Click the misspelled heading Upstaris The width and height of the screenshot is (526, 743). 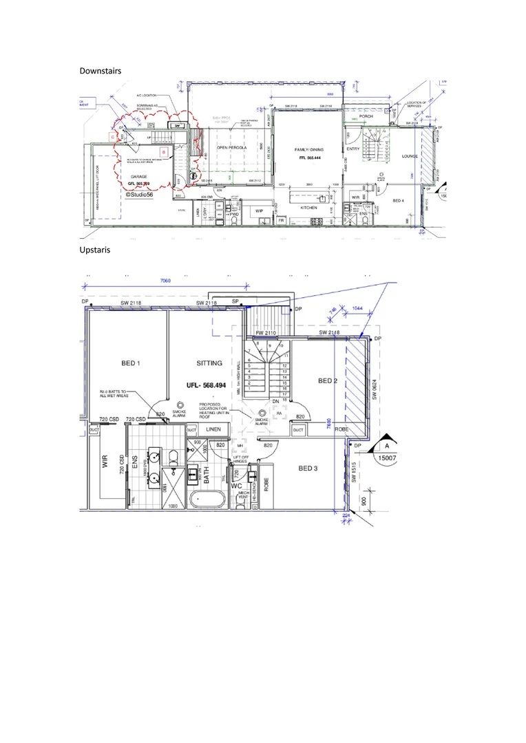95,250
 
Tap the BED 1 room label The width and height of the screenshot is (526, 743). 129,363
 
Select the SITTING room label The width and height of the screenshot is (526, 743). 209,363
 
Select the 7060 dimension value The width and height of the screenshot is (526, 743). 166,281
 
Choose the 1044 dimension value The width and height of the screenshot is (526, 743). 356,310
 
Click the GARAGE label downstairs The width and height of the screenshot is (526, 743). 140,177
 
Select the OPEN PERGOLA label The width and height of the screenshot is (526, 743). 231,148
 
